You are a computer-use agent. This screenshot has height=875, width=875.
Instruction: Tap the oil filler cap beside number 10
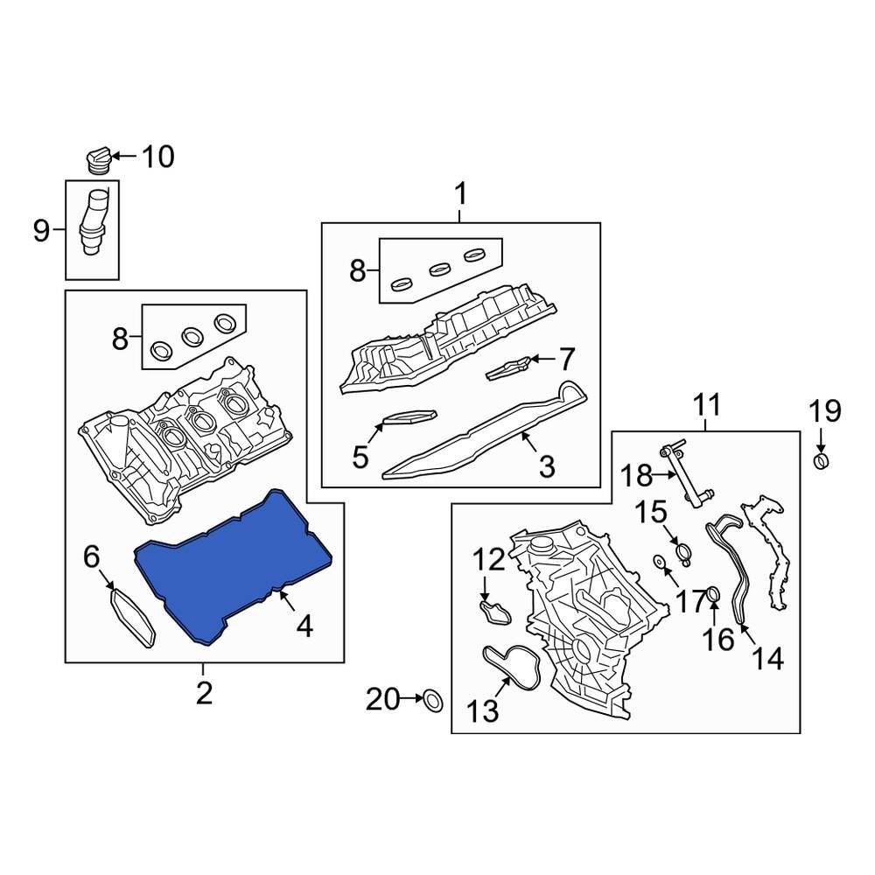pos(97,160)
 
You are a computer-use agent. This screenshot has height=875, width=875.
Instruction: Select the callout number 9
pos(41,231)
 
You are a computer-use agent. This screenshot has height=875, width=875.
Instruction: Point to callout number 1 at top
pos(460,193)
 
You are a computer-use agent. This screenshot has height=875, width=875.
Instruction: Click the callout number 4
pos(304,626)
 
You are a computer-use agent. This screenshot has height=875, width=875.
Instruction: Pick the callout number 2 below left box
pos(203,693)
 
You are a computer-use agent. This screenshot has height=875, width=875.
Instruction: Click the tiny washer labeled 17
pos(658,561)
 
